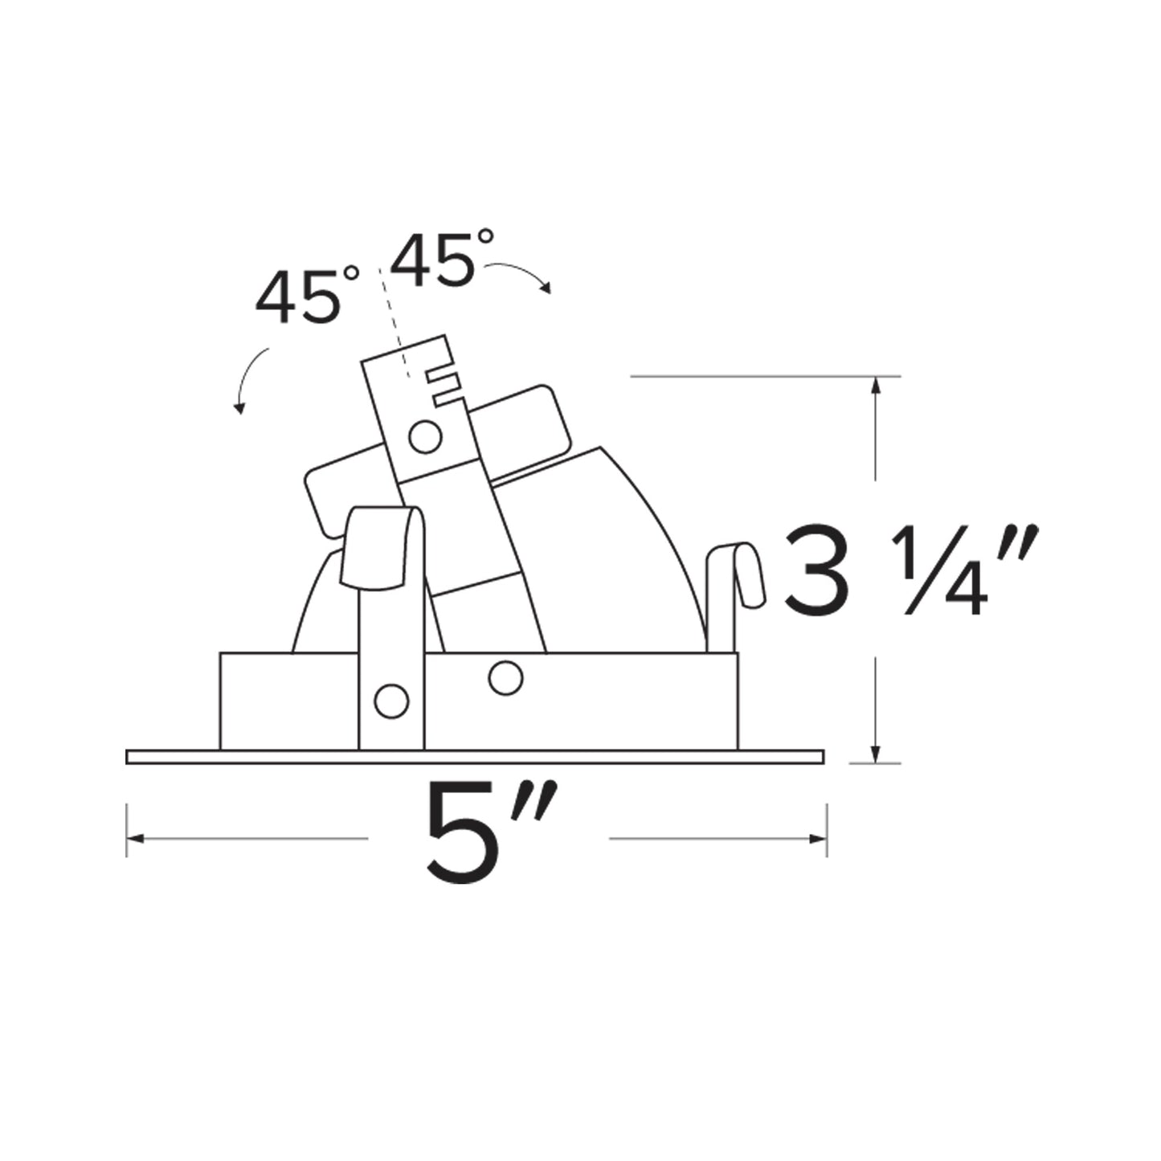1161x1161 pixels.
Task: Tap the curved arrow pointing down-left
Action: [249, 378]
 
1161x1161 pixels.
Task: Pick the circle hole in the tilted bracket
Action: [425, 437]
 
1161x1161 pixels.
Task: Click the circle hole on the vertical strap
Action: [391, 701]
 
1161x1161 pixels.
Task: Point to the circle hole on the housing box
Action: [505, 677]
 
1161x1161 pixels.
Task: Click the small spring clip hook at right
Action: [739, 578]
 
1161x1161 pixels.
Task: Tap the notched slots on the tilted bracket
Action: [444, 386]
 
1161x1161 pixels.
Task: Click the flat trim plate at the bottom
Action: [474, 757]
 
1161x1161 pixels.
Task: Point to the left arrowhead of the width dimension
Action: [133, 839]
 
